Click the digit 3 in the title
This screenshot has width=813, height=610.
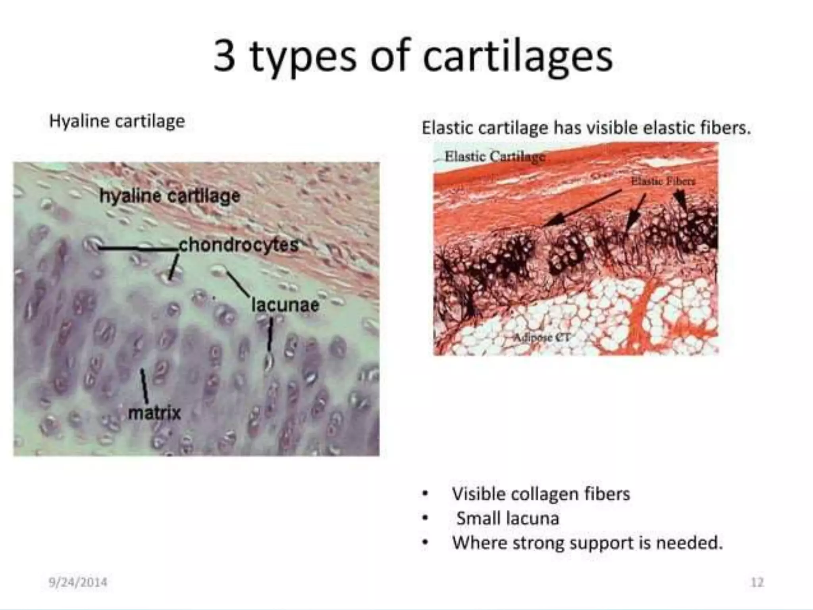pyautogui.click(x=225, y=56)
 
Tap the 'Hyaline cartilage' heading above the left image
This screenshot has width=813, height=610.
pyautogui.click(x=117, y=121)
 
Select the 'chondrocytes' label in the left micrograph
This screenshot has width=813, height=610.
pyautogui.click(x=238, y=245)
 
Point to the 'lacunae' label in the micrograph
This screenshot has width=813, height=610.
pyautogui.click(x=285, y=305)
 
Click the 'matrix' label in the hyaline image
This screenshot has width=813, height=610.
pyautogui.click(x=154, y=413)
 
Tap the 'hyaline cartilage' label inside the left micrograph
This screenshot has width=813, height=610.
pyautogui.click(x=170, y=196)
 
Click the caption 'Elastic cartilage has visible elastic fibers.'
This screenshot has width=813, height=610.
pyautogui.click(x=586, y=128)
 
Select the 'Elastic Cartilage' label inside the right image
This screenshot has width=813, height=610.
pyautogui.click(x=495, y=156)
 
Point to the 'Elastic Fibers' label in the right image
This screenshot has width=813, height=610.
pyautogui.click(x=663, y=181)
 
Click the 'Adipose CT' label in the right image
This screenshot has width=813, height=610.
pyautogui.click(x=541, y=338)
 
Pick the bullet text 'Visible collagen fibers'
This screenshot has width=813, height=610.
pyautogui.click(x=541, y=494)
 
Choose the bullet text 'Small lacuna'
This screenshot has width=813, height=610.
pyautogui.click(x=507, y=518)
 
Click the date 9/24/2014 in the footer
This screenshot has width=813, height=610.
pyautogui.click(x=78, y=582)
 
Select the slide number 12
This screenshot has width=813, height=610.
pyautogui.click(x=757, y=582)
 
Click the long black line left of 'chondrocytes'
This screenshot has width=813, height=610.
pyautogui.click(x=137, y=249)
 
